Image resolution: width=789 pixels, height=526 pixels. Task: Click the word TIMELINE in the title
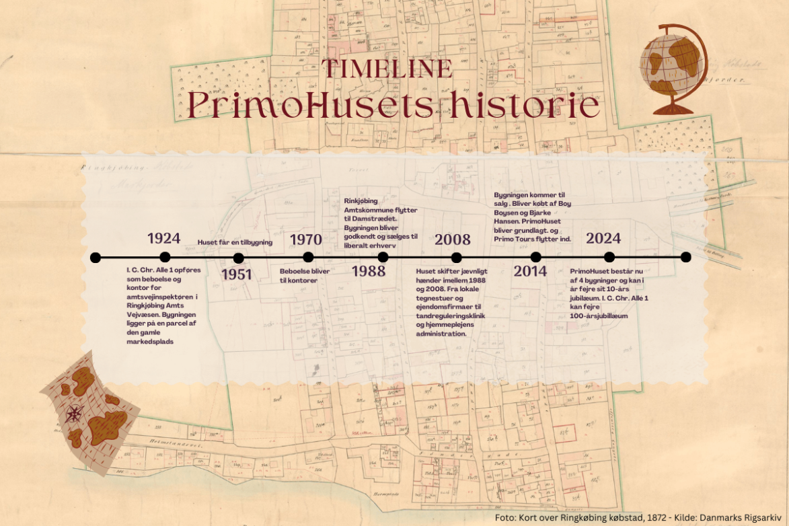387,69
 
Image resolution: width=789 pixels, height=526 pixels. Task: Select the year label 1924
164,238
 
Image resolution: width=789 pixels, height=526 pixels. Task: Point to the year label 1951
236,274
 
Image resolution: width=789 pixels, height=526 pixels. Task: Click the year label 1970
305,239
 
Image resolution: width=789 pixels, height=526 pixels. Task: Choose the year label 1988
369,271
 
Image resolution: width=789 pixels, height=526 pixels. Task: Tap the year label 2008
453,239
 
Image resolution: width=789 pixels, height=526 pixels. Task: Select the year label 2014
531,271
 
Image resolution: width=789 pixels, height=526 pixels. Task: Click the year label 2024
603,238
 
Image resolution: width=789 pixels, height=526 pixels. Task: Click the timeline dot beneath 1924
165,257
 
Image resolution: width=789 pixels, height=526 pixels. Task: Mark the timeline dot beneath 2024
609,257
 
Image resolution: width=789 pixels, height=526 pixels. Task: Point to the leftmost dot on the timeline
96,257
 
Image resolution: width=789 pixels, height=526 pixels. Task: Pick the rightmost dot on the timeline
685,257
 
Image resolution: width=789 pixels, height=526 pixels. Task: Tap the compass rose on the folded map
75,413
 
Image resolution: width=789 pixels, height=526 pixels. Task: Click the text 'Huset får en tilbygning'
235,242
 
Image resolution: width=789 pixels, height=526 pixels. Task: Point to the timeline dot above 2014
535,257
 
